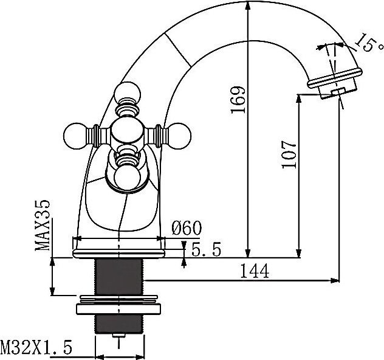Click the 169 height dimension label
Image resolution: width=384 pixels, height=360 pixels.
(238, 100)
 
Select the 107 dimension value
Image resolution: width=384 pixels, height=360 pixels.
(289, 154)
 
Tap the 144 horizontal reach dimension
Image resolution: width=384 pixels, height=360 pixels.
(255, 271)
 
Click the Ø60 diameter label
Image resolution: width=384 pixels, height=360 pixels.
(187, 228)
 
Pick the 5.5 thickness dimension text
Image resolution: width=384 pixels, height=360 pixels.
(206, 249)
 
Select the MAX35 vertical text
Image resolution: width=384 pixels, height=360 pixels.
(43, 226)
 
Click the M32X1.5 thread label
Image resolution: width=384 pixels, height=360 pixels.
(36, 347)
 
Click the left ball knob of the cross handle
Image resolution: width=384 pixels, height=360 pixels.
(75, 136)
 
